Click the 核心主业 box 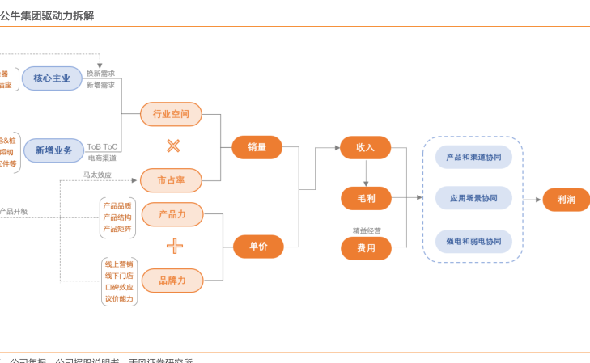52,78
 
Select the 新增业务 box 53,150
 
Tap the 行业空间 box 171,114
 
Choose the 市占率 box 171,179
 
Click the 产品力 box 172,214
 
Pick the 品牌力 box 172,280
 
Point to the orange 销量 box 257,147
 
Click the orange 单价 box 258,247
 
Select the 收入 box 365,147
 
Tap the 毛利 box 365,198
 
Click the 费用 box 366,248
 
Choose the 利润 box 566,199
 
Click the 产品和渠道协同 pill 473,157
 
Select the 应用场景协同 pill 473,198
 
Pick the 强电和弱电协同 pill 473,241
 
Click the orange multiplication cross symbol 172,146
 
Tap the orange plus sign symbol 174,247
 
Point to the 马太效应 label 97,175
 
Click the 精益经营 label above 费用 366,230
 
